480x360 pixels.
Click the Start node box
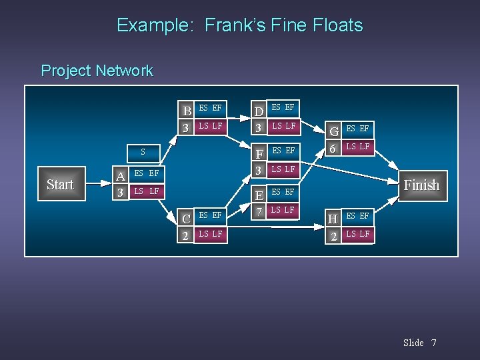60,185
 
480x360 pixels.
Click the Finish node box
421,185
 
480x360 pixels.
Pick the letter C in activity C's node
187,218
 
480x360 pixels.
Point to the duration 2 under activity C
187,235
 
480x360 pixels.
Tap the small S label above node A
142,153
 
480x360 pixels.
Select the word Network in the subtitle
125,71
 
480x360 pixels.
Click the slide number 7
433,343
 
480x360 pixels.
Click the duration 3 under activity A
120,193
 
